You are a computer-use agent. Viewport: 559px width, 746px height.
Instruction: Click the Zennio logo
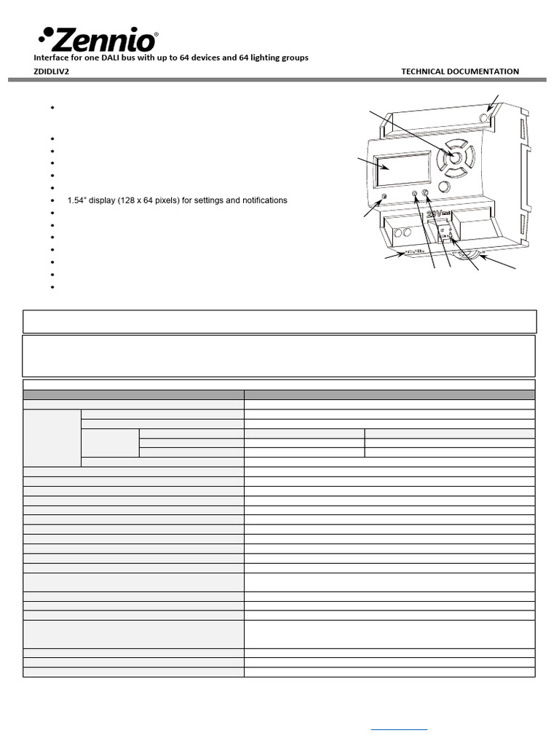pos(98,39)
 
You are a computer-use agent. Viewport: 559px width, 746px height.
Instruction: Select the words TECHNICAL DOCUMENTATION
pos(460,71)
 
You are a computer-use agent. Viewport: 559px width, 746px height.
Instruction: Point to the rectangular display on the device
pos(402,170)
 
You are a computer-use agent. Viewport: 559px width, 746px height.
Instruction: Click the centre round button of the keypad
pos(454,158)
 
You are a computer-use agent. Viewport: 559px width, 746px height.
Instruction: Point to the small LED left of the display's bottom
pos(384,199)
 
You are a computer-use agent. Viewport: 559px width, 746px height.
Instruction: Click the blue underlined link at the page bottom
pos(399,729)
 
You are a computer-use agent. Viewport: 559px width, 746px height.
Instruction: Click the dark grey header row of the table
pos(279,395)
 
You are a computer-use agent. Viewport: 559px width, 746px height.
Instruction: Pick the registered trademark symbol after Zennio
pos(157,34)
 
